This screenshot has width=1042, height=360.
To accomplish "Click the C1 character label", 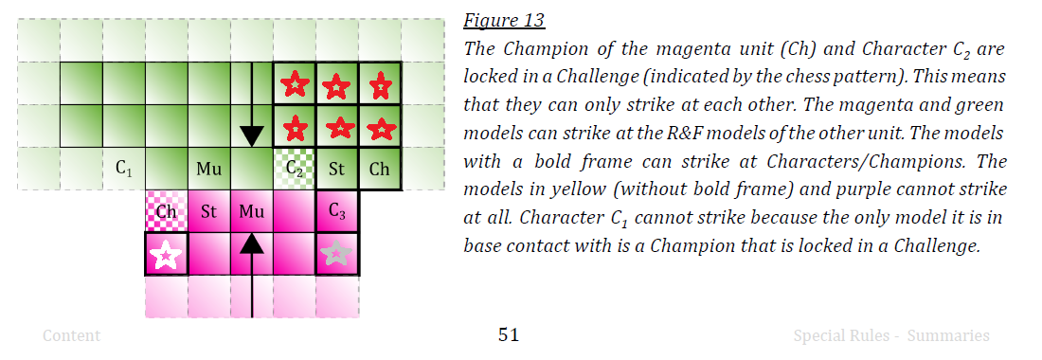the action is tap(123, 169).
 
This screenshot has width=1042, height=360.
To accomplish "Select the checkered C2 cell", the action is tap(295, 169).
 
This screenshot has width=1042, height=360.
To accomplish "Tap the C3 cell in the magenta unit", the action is tap(337, 211).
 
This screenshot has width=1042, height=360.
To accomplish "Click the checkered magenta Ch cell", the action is tap(166, 211).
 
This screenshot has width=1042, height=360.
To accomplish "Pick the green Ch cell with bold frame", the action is tap(380, 169).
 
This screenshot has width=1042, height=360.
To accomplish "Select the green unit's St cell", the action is tap(337, 169).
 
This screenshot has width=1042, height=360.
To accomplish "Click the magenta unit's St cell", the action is tap(208, 211).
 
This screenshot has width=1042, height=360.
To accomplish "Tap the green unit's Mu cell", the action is tap(208, 169).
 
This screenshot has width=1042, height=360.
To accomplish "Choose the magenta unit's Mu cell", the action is tap(251, 211).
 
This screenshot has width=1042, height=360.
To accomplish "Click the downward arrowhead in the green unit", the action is tap(252, 136).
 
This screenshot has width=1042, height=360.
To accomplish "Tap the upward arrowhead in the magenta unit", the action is tap(252, 244).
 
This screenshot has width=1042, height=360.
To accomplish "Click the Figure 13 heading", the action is tap(504, 21).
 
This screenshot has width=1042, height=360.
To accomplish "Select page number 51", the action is tap(509, 335).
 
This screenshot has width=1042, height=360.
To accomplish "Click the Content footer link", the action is tap(72, 336).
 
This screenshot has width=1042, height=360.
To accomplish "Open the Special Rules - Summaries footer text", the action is tap(891, 336).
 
